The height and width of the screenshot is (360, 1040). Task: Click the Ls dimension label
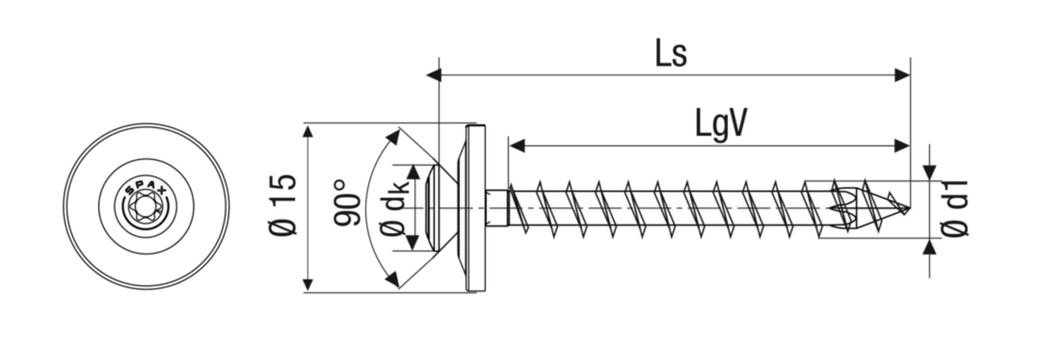(x=671, y=54)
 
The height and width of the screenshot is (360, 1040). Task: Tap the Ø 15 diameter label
(x=283, y=205)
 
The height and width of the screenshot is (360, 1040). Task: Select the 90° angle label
(x=348, y=203)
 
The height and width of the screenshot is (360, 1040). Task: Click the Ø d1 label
(x=954, y=207)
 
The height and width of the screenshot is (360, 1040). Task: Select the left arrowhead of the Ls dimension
(x=434, y=75)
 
